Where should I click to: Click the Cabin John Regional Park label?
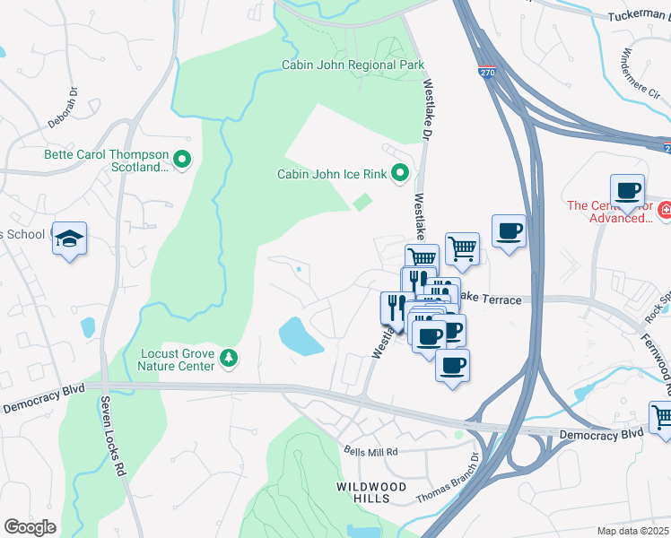tap(353, 65)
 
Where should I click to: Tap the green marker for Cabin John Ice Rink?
tap(400, 173)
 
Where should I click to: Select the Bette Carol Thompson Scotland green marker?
tap(183, 161)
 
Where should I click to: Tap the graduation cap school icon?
tap(69, 239)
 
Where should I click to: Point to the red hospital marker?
tap(665, 212)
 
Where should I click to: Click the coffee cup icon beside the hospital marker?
tap(627, 191)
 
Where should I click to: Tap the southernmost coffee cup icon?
tap(452, 365)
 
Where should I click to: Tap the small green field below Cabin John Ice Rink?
tap(362, 204)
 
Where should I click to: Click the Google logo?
tap(29, 526)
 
